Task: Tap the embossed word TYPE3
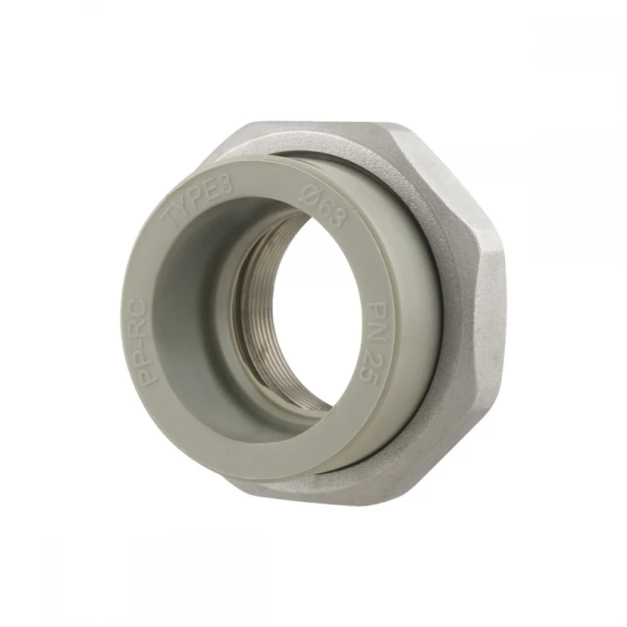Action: [x=199, y=199]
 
